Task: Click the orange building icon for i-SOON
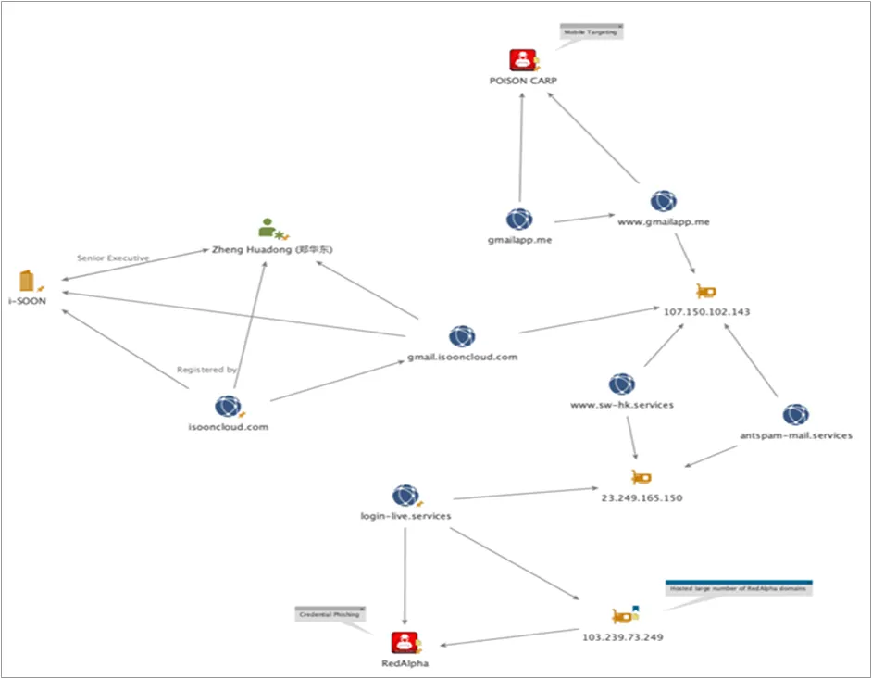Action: pyautogui.click(x=28, y=280)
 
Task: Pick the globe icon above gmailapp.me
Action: pyautogui.click(x=519, y=220)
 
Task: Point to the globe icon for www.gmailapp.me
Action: pyautogui.click(x=663, y=201)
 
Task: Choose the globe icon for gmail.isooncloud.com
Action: pyautogui.click(x=462, y=336)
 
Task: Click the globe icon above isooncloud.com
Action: pyautogui.click(x=227, y=406)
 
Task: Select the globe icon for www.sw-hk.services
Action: pyautogui.click(x=622, y=384)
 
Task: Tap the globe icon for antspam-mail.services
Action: pyautogui.click(x=795, y=414)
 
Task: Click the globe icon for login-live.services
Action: pyautogui.click(x=405, y=495)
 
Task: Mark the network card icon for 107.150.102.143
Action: pyautogui.click(x=705, y=291)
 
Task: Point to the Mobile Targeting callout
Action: pyautogui.click(x=590, y=32)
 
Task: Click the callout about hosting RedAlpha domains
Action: pyautogui.click(x=739, y=588)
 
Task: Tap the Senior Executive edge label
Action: pyautogui.click(x=113, y=258)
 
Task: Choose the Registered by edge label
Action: pyautogui.click(x=206, y=370)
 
